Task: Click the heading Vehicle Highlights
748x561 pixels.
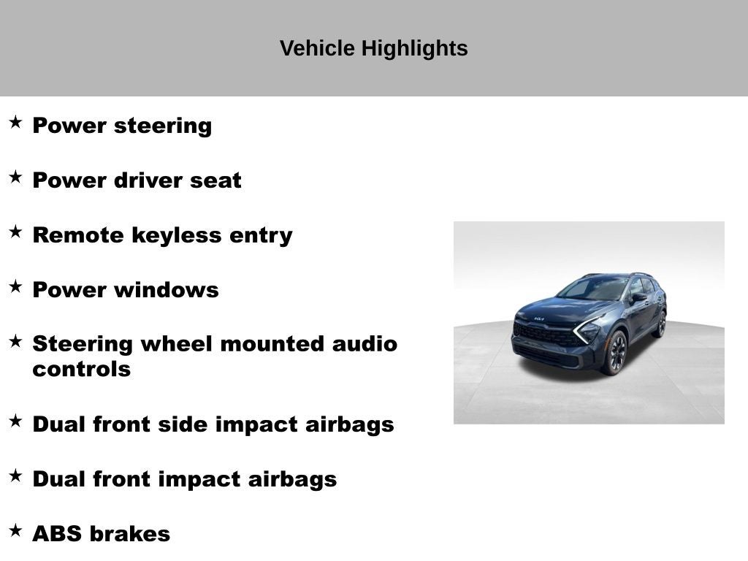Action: coord(373,48)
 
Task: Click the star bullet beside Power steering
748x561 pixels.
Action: coord(15,122)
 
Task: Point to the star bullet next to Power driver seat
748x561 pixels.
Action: coord(15,177)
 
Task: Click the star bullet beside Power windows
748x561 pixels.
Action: coord(15,286)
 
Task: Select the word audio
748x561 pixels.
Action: coord(365,343)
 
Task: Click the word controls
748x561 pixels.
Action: coord(81,369)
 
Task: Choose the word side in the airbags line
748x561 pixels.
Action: coord(194,424)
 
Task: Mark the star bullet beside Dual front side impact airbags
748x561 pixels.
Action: coord(15,421)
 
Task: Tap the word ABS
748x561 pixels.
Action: coord(56,534)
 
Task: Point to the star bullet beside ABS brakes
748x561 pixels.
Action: coord(15,530)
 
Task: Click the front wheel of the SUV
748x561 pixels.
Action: coord(614,353)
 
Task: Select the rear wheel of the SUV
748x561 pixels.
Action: coord(661,324)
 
